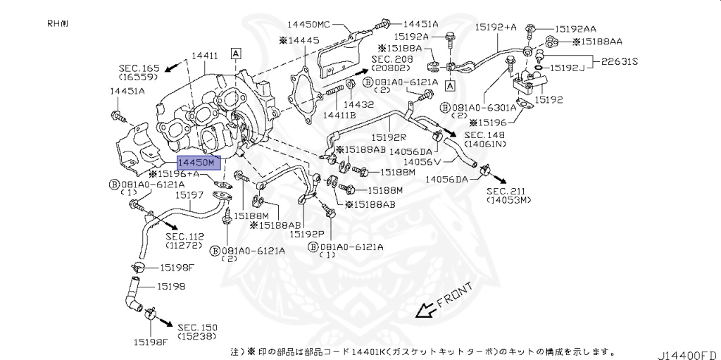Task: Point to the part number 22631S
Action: [x=619, y=61]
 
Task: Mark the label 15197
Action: [x=189, y=195]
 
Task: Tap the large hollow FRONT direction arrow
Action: [x=425, y=309]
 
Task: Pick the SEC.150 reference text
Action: [x=198, y=328]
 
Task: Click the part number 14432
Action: [x=358, y=104]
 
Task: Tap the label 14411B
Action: [x=339, y=114]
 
